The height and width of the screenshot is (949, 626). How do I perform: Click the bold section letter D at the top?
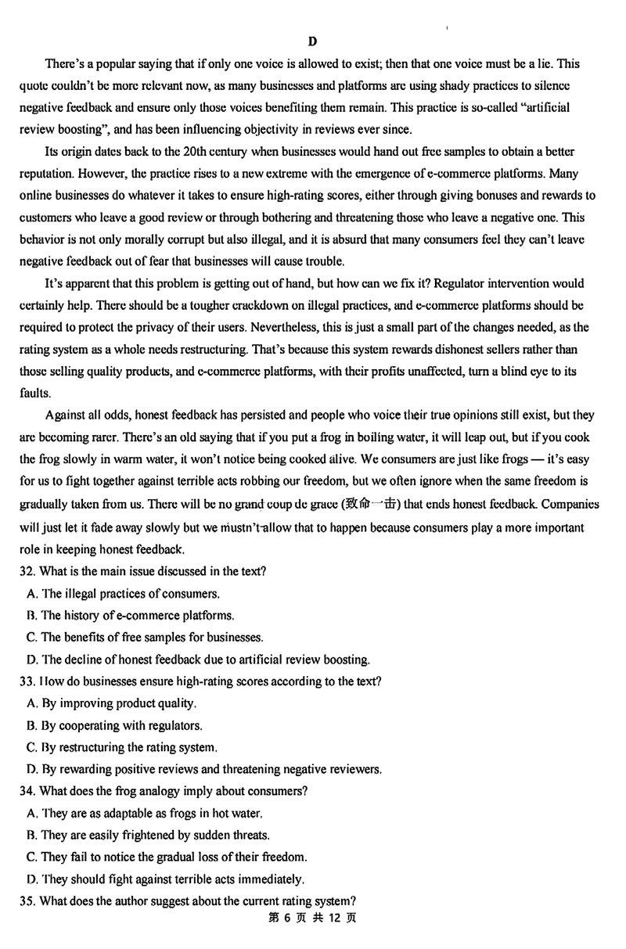(312, 41)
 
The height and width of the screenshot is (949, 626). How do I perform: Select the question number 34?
(27, 791)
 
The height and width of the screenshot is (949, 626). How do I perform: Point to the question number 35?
(27, 900)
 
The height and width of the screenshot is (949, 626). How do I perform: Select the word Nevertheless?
(363, 326)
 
